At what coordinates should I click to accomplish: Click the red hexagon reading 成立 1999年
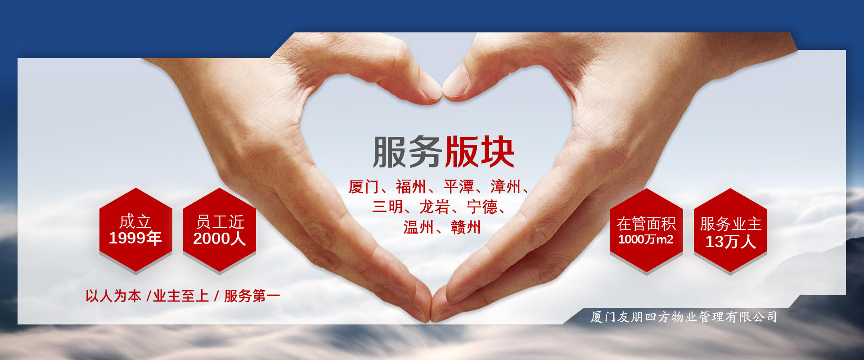[136, 229]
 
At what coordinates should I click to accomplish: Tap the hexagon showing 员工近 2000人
[220, 229]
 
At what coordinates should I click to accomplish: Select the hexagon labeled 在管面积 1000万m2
[647, 230]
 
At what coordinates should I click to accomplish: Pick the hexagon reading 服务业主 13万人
[730, 230]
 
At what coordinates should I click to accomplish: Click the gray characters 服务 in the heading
[407, 152]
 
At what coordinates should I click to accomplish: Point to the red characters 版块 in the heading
[479, 152]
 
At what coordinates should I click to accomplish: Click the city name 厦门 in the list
[364, 187]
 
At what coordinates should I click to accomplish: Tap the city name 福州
[411, 187]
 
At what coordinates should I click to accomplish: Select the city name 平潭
[459, 187]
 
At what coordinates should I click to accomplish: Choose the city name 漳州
[506, 187]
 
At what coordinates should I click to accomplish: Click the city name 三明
[387, 207]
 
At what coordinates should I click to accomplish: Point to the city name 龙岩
[435, 207]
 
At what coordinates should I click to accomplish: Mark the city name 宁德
[482, 207]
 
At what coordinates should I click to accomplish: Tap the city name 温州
[418, 227]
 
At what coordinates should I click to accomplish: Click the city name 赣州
[466, 227]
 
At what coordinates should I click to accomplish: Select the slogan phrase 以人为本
[113, 296]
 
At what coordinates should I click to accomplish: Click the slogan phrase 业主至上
[181, 296]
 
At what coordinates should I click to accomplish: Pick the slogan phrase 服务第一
[252, 296]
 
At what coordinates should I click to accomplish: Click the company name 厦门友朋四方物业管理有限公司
[684, 317]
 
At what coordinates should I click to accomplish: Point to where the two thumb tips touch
[442, 93]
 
